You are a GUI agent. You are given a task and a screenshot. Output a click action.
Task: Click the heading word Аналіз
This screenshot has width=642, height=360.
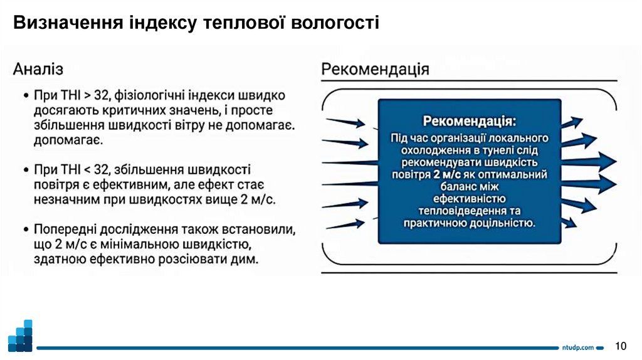point(38,68)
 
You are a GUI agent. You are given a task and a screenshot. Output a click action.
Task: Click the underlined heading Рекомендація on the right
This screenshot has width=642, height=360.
point(376,68)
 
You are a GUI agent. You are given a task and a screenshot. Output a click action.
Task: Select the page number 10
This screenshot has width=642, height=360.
point(621,346)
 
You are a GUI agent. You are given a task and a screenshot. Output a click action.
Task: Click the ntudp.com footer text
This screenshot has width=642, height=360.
point(577,347)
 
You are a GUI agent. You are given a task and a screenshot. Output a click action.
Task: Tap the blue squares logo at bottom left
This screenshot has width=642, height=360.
point(20,336)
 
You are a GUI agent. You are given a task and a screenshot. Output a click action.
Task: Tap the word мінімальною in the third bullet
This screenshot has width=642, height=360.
point(127,244)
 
